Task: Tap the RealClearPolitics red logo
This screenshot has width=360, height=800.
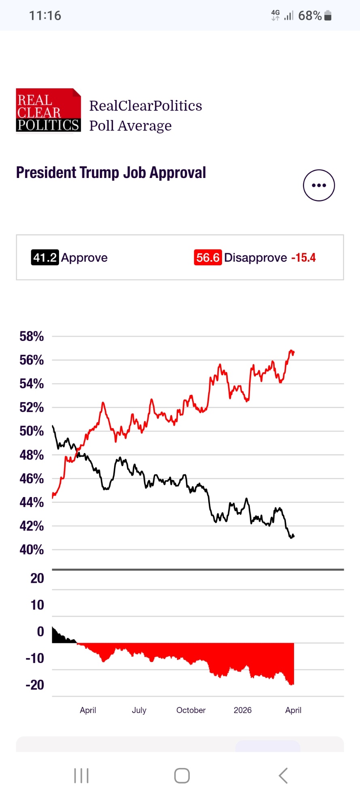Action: click(48, 110)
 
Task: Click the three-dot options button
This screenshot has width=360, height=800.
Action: click(319, 185)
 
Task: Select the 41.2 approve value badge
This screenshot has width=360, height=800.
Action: click(45, 257)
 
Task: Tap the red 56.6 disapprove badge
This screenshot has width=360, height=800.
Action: click(208, 257)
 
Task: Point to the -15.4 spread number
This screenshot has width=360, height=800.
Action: click(303, 257)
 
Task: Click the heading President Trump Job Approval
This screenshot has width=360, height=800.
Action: click(111, 173)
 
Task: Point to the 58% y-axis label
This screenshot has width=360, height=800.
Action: click(32, 336)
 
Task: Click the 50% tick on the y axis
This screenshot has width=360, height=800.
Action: click(32, 431)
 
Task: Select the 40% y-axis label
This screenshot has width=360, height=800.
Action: click(32, 550)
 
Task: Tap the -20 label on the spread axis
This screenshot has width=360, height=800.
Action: click(35, 685)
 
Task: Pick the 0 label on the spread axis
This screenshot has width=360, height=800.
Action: click(40, 631)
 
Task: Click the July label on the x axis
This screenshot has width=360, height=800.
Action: click(139, 710)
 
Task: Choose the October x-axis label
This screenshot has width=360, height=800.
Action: click(191, 710)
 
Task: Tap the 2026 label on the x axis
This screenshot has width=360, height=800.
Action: click(243, 710)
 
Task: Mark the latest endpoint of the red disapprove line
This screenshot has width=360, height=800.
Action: click(294, 352)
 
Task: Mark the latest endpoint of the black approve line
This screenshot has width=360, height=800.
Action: click(294, 536)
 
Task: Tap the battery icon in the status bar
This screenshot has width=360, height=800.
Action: click(328, 16)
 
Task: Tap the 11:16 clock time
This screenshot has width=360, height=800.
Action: click(45, 16)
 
